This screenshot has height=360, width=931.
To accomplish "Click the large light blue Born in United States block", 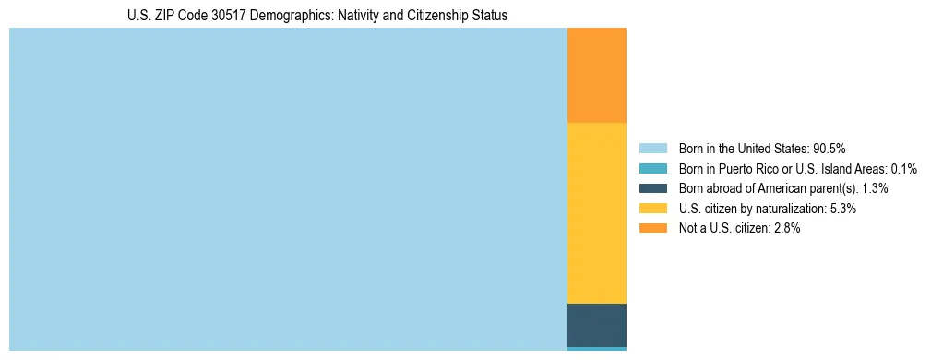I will point(288,189).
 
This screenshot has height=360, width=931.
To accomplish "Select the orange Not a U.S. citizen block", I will point(596,76).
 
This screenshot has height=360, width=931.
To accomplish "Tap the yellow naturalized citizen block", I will point(596,213).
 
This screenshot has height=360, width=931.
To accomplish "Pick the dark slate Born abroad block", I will point(596,325).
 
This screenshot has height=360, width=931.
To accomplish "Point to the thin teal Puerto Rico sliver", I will point(596,349).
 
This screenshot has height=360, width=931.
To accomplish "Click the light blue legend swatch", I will point(652,149).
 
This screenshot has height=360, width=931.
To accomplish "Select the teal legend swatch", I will point(652,169).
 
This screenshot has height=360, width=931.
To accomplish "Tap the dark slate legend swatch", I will point(652,188).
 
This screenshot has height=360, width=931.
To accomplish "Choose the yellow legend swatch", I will point(652,209).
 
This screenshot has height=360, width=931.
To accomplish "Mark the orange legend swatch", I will point(652,229).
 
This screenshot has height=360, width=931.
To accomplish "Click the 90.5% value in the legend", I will point(829,149).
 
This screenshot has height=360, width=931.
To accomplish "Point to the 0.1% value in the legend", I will point(901,169).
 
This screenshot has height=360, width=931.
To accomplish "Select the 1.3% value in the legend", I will point(875,188).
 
